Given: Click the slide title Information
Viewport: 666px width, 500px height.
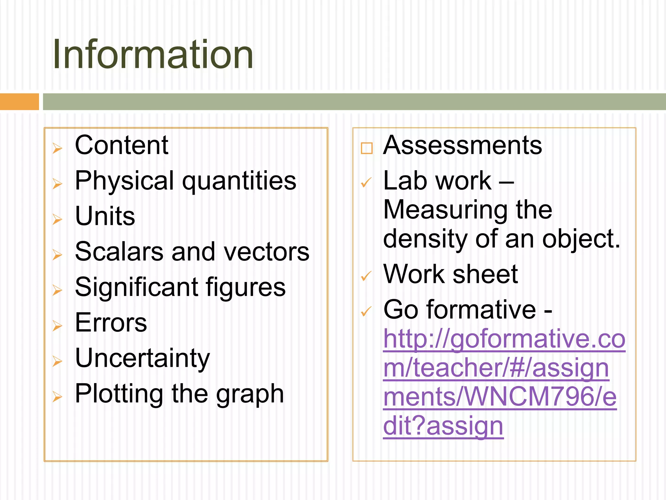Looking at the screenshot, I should (153, 54).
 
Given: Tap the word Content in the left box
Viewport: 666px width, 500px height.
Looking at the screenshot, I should (121, 145).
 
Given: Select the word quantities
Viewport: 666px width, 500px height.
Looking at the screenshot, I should (239, 181).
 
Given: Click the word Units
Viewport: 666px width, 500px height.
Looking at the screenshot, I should (105, 216).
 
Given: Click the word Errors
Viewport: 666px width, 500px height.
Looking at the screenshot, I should (111, 323).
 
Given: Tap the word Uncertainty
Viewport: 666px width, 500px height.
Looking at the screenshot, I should (142, 358).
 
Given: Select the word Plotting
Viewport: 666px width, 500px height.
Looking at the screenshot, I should (119, 394).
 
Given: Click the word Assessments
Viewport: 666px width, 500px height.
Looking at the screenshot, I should (462, 145).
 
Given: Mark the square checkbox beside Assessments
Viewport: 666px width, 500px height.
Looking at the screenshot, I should (366, 148).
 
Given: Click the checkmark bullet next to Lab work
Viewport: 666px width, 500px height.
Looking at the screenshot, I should (366, 183).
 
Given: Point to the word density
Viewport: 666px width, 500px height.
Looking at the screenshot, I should (425, 239).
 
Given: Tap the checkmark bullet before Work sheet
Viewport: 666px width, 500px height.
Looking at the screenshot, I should (366, 276).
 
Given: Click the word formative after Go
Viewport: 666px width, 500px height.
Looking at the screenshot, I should (481, 310).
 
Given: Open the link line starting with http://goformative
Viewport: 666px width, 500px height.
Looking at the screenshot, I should (504, 339).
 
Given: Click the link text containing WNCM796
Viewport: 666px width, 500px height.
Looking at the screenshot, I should (500, 397).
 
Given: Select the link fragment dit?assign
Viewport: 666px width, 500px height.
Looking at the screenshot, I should (443, 426).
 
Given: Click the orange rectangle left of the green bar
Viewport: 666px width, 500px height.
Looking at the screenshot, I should (19, 102).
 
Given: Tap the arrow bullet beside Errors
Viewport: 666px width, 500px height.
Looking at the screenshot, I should (57, 326).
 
